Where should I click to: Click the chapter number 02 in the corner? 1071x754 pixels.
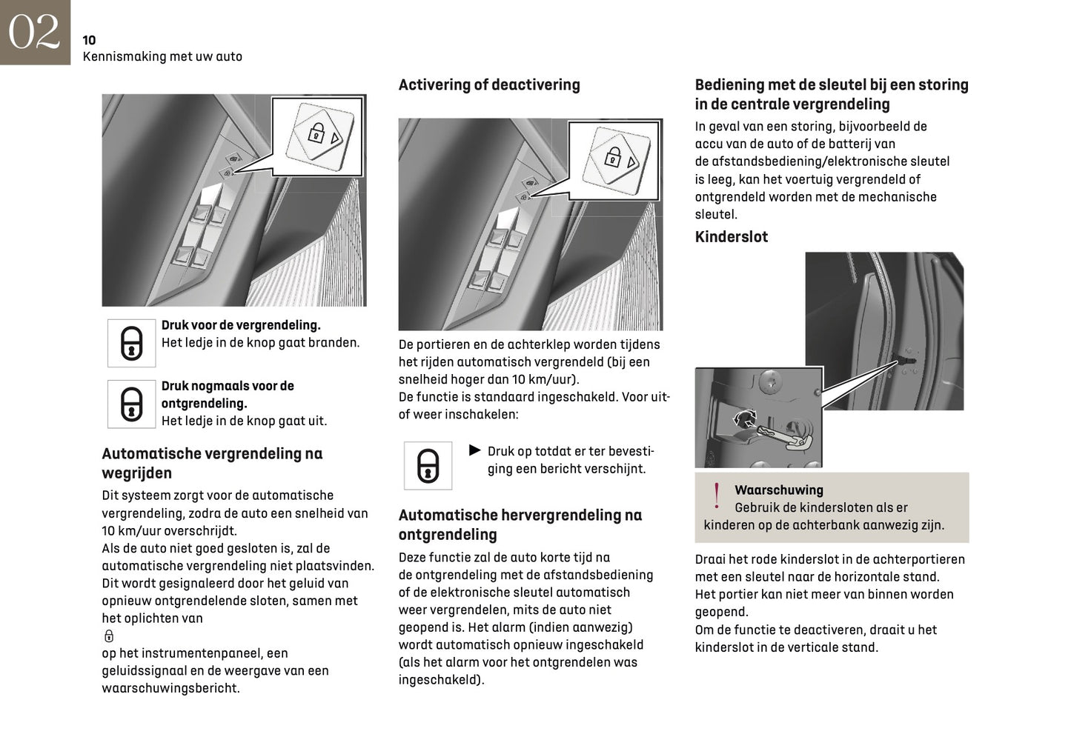click(34, 32)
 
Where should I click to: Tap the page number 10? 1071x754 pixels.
click(89, 40)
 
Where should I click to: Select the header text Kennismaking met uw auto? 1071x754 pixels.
click(162, 56)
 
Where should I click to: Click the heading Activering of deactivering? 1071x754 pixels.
click(489, 84)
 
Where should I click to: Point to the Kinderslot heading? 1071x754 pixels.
click(731, 237)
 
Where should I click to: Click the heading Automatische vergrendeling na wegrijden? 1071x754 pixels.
click(212, 463)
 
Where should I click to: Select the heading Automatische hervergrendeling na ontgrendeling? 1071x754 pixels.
click(520, 524)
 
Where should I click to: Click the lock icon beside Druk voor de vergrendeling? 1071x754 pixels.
click(131, 343)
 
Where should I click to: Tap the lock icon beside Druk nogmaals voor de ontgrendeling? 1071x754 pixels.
click(131, 404)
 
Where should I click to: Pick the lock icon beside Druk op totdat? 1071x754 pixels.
click(428, 465)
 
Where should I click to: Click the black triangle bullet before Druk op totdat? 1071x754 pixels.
click(475, 450)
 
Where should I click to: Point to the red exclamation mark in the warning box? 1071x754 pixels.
click(716, 496)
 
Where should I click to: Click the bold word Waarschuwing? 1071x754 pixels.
click(778, 490)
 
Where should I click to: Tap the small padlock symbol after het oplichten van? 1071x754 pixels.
click(109, 635)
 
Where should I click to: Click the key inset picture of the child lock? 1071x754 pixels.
click(757, 418)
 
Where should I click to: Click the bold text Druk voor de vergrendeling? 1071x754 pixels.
click(241, 325)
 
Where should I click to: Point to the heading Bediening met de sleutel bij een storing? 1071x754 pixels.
click(831, 94)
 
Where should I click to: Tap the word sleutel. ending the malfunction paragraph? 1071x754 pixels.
click(716, 215)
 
